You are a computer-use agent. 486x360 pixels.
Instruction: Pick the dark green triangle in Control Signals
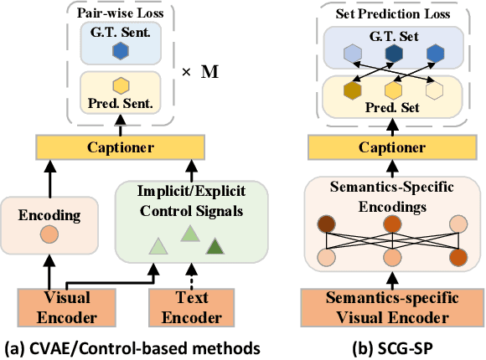click(215, 245)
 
